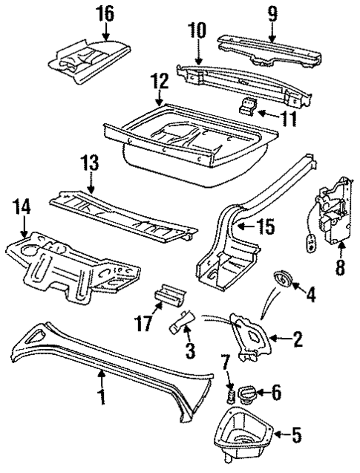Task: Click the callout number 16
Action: coord(106,13)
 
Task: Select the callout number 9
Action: coord(272,13)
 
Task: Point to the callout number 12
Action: coord(160,80)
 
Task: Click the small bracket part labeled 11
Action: coord(247,107)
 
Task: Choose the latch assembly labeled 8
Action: coord(328,215)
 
